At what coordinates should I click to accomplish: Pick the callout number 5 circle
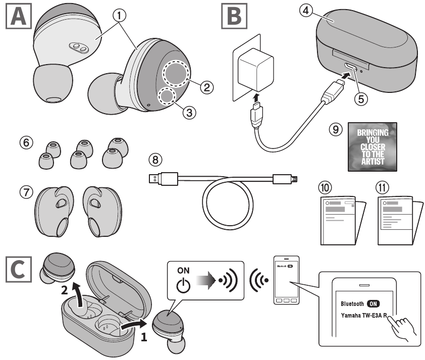360,98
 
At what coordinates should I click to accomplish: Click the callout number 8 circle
157,160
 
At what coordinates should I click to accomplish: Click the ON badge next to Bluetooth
374,304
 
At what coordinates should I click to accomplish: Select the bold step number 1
145,337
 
